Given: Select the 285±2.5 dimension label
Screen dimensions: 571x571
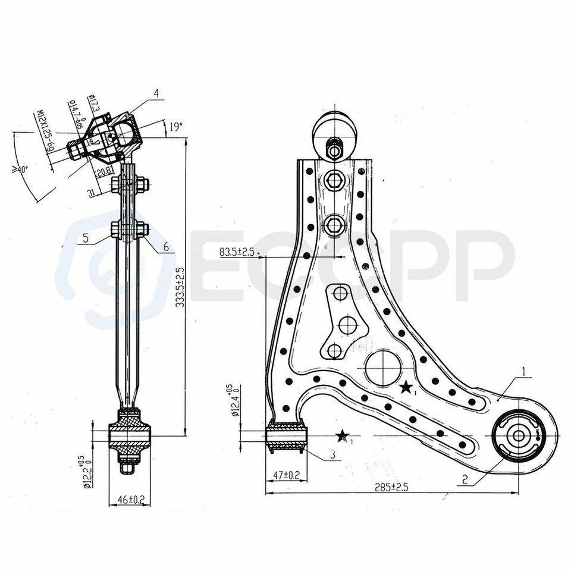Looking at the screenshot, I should pos(391,487).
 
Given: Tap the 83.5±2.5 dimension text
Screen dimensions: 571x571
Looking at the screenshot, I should pos(237,252).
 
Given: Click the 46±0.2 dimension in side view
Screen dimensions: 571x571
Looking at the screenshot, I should pos(130,498).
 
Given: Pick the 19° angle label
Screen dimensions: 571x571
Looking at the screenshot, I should pos(175,127).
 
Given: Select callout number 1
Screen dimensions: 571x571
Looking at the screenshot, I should pos(524,372).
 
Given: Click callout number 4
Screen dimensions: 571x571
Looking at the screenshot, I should pos(156,93).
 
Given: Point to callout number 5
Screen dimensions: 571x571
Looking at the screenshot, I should pos(86,237).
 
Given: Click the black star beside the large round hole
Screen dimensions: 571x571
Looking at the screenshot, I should pos(406,388).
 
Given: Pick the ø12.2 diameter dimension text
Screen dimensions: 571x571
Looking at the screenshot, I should pos(88,472).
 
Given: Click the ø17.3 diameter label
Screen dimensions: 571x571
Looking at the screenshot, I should pos(93,105).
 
